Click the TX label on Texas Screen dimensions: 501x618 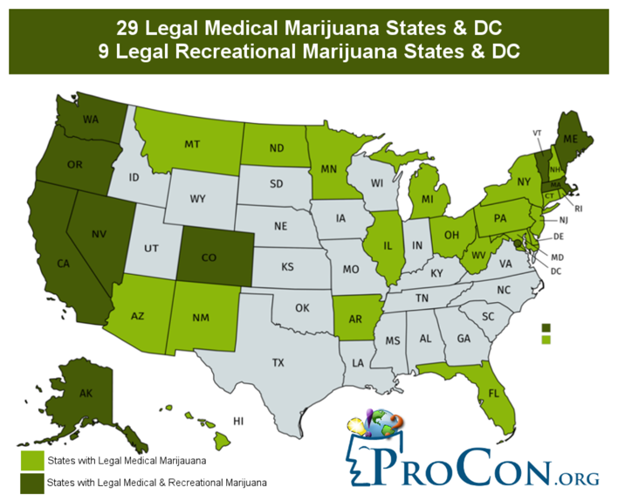point(278,361)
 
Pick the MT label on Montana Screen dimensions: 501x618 point(194,144)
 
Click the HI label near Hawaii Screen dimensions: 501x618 point(237,422)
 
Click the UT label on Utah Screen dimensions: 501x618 point(152,248)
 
